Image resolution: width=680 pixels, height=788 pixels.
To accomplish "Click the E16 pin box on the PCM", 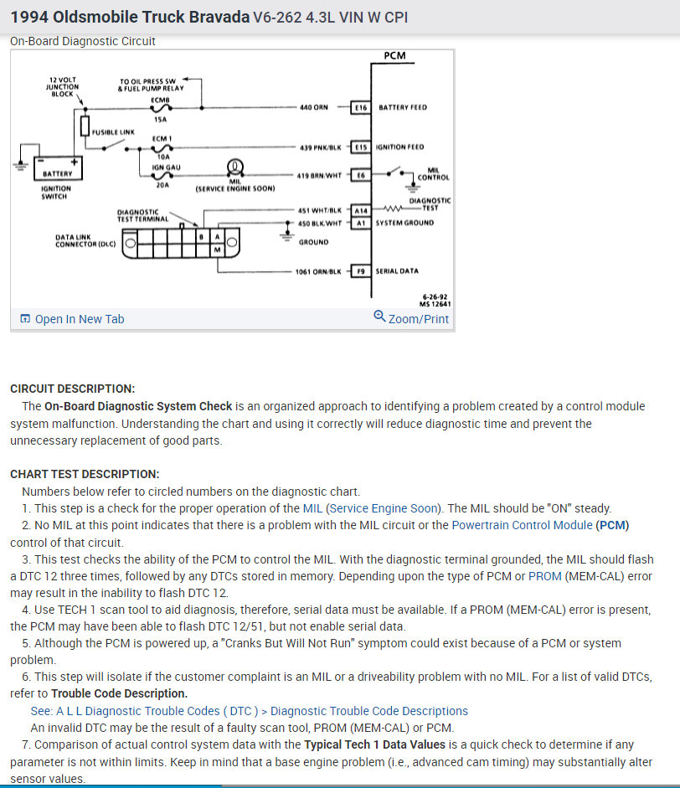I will (x=362, y=107).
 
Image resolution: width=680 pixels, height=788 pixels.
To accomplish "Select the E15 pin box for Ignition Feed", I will (x=362, y=147).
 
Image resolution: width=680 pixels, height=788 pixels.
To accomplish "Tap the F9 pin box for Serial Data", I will (x=362, y=271).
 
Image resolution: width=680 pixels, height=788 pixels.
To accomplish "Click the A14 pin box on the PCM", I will (x=361, y=211).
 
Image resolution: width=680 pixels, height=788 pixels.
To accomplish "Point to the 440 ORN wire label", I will (x=313, y=107).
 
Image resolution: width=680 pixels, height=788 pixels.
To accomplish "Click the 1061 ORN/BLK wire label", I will (x=317, y=271).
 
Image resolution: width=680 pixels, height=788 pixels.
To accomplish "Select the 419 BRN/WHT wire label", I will (x=319, y=175).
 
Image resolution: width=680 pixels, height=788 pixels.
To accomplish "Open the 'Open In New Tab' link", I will (x=72, y=319).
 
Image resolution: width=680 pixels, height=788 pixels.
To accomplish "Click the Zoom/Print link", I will (x=411, y=318).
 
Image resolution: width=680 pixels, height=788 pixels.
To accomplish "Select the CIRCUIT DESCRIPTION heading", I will (x=72, y=389).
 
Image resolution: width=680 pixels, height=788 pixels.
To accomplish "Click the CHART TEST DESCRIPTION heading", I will (x=85, y=474).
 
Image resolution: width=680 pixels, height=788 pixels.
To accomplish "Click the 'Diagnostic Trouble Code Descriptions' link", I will (x=368, y=711).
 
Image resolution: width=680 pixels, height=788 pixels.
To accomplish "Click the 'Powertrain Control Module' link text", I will (x=522, y=526).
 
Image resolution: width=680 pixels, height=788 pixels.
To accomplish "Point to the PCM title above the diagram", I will (x=394, y=56).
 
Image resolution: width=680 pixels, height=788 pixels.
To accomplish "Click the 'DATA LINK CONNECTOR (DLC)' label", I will (x=85, y=241).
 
